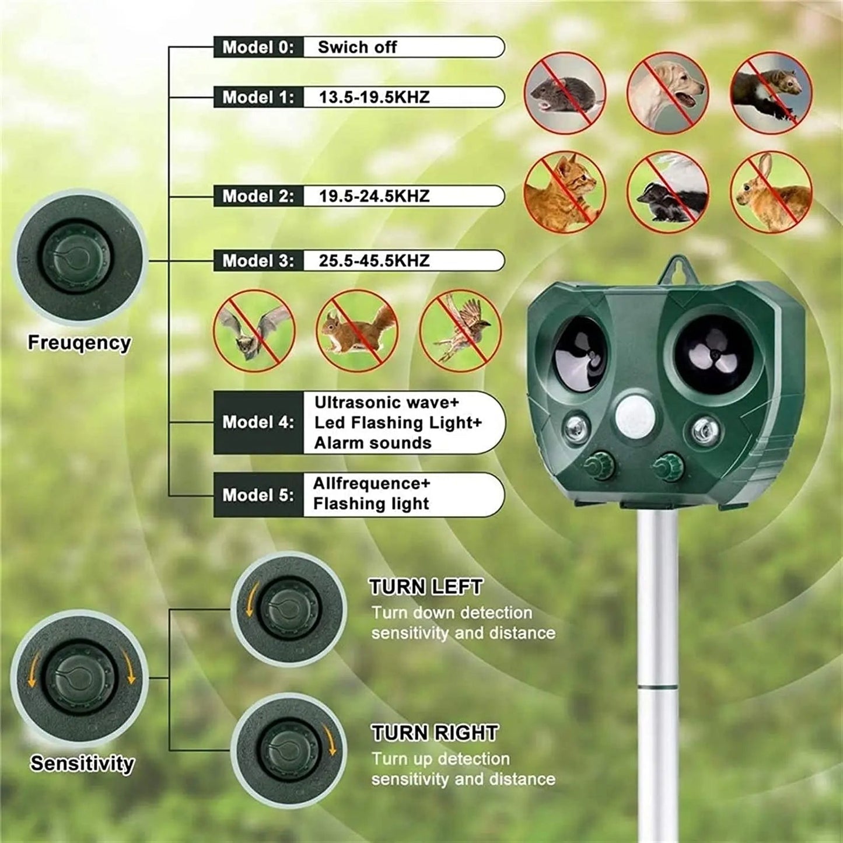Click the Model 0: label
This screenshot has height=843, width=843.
(x=258, y=47)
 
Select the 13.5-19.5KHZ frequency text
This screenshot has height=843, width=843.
(x=374, y=97)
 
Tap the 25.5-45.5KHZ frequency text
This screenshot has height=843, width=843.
(x=374, y=261)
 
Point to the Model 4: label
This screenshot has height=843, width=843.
(x=258, y=422)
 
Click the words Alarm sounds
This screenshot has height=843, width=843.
(x=373, y=443)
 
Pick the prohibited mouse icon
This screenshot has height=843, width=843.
(x=565, y=93)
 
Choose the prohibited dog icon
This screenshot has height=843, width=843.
(x=667, y=93)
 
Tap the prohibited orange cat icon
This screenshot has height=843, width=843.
(x=565, y=192)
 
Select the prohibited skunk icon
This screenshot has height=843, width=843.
(x=667, y=192)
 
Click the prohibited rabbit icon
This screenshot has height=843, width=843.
(x=771, y=192)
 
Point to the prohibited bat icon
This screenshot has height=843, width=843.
(x=254, y=331)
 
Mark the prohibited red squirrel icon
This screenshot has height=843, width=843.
(x=356, y=331)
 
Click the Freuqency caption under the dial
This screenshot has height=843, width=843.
(x=79, y=342)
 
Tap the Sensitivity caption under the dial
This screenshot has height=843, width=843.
(x=82, y=763)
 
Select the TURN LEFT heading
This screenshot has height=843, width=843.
(x=426, y=587)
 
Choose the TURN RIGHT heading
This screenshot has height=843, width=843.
(x=435, y=733)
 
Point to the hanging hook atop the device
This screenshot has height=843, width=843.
(x=677, y=270)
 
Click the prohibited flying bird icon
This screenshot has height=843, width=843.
(x=460, y=331)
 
